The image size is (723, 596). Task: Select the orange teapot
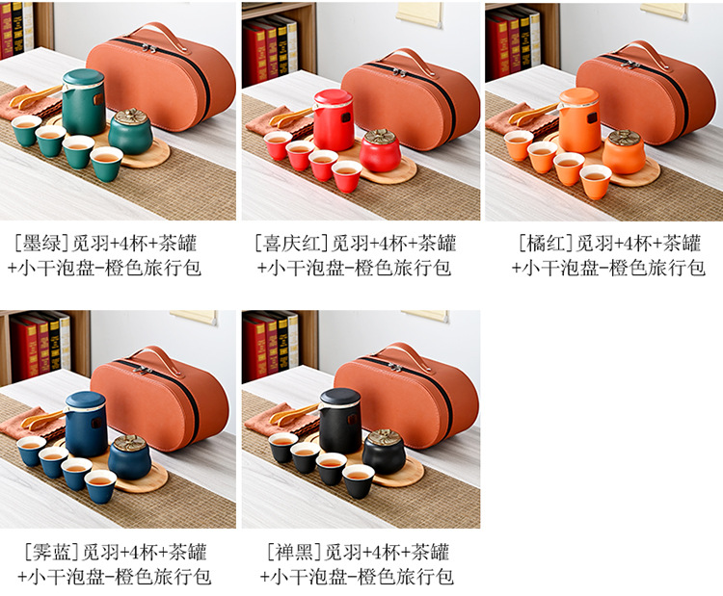[579, 119]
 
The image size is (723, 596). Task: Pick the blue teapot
[86, 424]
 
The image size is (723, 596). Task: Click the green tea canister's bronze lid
[131, 117]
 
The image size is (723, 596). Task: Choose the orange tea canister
[624, 152]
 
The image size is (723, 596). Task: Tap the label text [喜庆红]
[292, 244]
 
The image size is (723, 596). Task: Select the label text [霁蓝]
[52, 552]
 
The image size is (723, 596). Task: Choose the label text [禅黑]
[294, 552]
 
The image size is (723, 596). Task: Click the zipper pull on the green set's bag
[147, 48]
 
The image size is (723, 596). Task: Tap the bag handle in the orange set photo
[638, 53]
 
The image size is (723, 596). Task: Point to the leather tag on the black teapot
[352, 420]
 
